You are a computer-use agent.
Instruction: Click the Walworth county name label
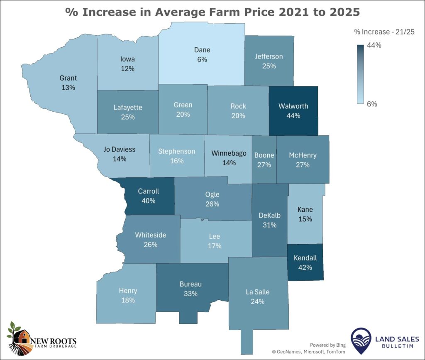point(293,106)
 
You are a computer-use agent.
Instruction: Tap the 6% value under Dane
point(202,59)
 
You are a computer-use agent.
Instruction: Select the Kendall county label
point(305,258)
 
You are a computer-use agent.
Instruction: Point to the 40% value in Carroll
point(148,201)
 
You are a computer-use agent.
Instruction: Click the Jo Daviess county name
point(119,149)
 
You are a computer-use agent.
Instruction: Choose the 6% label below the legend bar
point(372,104)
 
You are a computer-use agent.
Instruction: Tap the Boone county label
point(264,155)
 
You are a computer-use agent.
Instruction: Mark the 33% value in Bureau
point(191,294)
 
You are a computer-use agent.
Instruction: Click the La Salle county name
point(257,292)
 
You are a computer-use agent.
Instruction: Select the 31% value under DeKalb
point(269,225)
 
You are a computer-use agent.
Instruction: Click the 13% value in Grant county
point(68,88)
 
